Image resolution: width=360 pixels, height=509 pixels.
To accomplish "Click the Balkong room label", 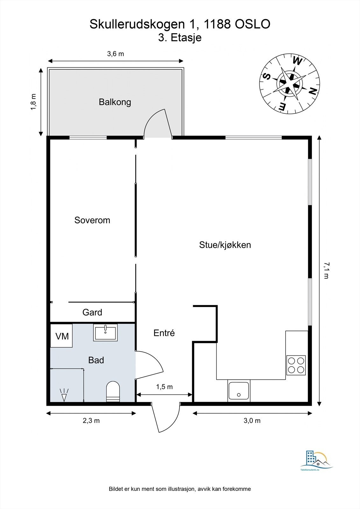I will pyautogui.click(x=115, y=102).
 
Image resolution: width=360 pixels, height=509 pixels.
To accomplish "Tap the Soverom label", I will pyautogui.click(x=92, y=220).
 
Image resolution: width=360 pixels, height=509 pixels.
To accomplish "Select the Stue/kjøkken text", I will pyautogui.click(x=225, y=245).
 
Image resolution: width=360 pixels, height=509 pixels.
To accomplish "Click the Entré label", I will pyautogui.click(x=164, y=333).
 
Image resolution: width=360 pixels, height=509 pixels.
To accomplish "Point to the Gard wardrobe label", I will pyautogui.click(x=92, y=312).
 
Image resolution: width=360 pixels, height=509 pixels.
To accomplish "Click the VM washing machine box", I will pyautogui.click(x=62, y=336).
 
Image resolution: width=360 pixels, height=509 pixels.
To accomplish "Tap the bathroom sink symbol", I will pyautogui.click(x=105, y=332).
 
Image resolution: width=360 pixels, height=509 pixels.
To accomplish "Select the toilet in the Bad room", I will pyautogui.click(x=113, y=392).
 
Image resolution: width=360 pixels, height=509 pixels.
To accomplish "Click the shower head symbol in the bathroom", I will pyautogui.click(x=64, y=394).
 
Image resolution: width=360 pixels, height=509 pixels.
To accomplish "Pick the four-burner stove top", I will pyautogui.click(x=296, y=365).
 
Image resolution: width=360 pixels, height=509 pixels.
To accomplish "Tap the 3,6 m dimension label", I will pyautogui.click(x=116, y=54).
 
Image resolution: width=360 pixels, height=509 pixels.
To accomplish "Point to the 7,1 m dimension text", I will pyautogui.click(x=326, y=270).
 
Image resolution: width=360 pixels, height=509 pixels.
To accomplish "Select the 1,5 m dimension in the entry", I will pyautogui.click(x=164, y=387).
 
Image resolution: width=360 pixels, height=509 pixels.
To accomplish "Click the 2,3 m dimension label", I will pyautogui.click(x=91, y=421).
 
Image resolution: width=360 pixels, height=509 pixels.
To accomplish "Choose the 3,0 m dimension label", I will pyautogui.click(x=252, y=421).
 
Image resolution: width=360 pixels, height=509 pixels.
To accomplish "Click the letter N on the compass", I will pyautogui.click(x=313, y=92).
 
